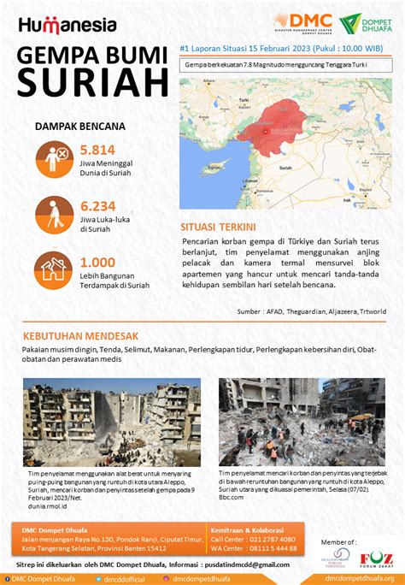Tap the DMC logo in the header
click(x=300, y=22)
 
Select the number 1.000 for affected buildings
click(x=97, y=263)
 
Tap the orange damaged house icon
click(x=53, y=270)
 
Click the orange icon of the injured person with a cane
click(x=53, y=214)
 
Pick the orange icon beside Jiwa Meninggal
click(x=53, y=157)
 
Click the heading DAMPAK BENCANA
click(x=79, y=126)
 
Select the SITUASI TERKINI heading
click(x=218, y=227)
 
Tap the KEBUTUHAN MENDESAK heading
click(x=80, y=336)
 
